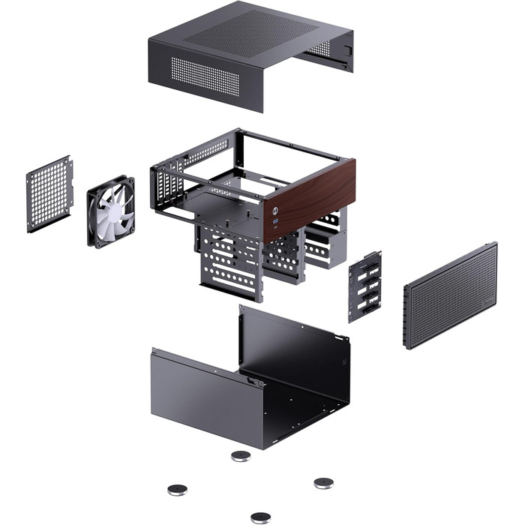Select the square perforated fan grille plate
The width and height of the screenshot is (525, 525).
49,193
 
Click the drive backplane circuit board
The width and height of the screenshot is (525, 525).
364,286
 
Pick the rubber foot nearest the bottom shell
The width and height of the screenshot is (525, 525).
241,455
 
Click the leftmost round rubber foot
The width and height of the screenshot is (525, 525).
178,489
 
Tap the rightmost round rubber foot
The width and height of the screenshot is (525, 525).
323,482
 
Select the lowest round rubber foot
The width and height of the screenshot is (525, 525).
260,517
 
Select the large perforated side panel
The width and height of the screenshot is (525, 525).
450,294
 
